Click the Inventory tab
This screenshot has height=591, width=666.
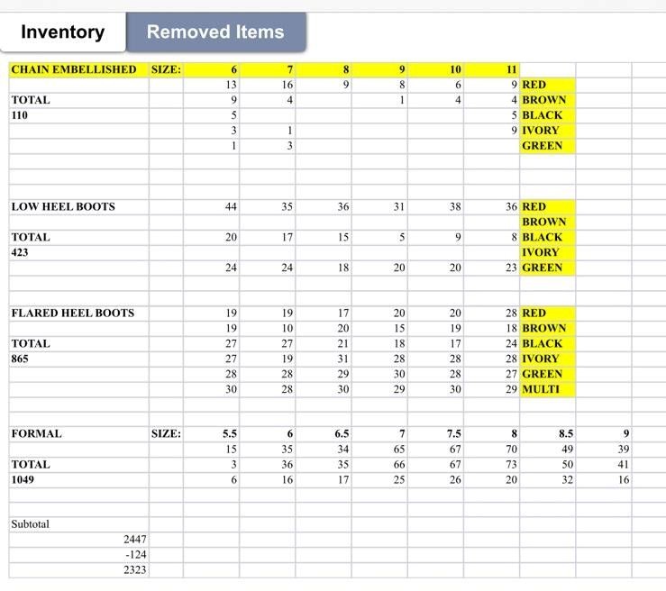pos(62,32)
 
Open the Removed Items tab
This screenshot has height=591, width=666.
pos(215,32)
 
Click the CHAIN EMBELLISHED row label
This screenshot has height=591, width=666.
pos(74,69)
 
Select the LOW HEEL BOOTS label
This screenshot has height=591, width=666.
pos(63,206)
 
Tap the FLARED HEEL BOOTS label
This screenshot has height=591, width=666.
pos(72,313)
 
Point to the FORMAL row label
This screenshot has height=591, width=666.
pos(37,433)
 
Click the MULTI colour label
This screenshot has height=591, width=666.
pos(541,389)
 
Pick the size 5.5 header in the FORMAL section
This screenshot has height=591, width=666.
pos(230,433)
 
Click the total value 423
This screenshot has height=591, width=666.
pos(20,252)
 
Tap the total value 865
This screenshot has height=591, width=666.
pos(20,359)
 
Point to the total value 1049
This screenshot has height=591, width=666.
pos(23,479)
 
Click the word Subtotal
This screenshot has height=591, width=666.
pos(31,523)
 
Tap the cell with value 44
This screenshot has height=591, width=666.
pos(231,206)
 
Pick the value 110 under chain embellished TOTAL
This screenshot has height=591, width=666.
pos(20,115)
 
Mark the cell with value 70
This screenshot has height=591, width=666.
pos(511,449)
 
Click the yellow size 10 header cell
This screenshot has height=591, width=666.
pos(455,69)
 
